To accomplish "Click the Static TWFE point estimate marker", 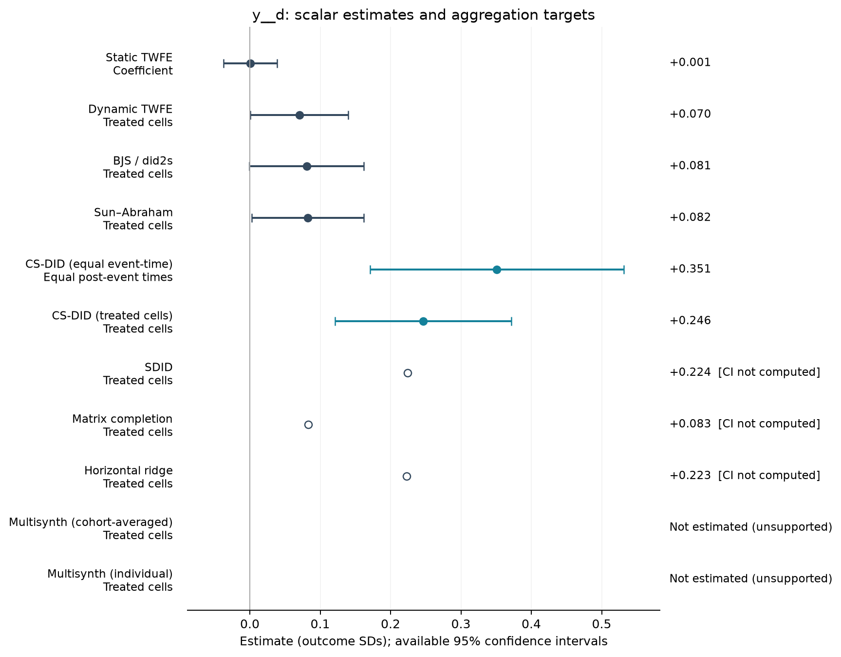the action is point(250,63).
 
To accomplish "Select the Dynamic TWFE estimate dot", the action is point(299,115).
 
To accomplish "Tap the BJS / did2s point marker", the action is point(307,167).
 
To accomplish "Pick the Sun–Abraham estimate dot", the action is point(308,218).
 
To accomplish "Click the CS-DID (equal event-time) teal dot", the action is point(497,270).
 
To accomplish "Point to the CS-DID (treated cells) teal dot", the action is point(423,321).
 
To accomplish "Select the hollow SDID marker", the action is point(408,373).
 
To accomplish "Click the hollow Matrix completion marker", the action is point(308,425).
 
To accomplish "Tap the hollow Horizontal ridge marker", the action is point(407,476).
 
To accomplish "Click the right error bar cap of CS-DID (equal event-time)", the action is point(624,270).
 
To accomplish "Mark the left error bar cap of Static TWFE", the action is point(224,63).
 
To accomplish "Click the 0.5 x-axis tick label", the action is point(602,624).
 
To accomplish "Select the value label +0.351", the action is point(690,269).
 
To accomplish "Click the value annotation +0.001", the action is point(690,62).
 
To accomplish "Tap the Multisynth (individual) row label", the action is point(110,580).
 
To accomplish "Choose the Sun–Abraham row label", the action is point(133,219).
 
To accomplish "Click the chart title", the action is point(424,15).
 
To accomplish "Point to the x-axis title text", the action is point(424,641).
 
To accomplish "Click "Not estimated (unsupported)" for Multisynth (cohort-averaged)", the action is point(750,527).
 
